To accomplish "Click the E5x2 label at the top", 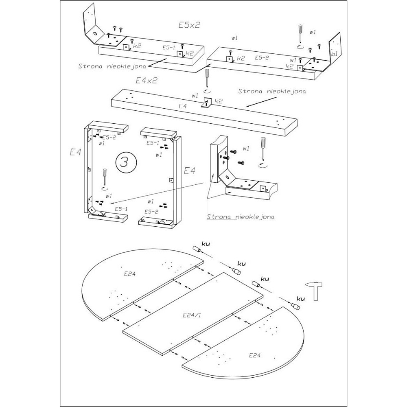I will pos(189,25).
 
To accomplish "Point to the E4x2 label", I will pos(147,81).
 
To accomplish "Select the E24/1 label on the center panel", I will pos(190,315).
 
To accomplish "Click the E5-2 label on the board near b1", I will pos(262,58).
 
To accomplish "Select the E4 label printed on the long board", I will pos(183,106).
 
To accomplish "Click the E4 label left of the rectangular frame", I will pos(76,153).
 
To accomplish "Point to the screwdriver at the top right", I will pos(300,34).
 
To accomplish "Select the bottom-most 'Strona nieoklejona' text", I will pos(241,217).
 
